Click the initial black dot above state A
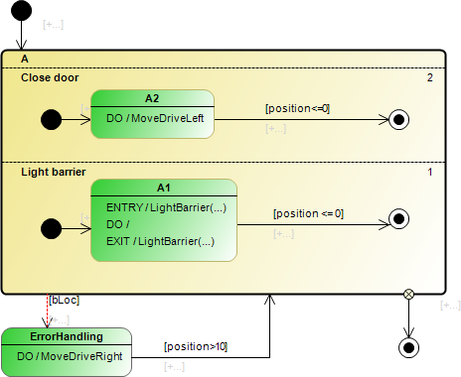[x=23, y=12]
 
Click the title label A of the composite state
[x=25, y=60]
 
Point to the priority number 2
[x=429, y=77]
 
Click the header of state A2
[x=152, y=98]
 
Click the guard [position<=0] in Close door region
[x=297, y=108]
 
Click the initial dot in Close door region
[x=51, y=120]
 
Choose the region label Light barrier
[x=55, y=172]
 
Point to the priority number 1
[x=429, y=173]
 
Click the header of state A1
[x=164, y=188]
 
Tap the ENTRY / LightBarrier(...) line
[x=166, y=206]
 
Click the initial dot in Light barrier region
[x=51, y=227]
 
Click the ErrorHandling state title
[x=66, y=336]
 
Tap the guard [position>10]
[x=195, y=346]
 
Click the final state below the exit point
[x=407, y=346]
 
